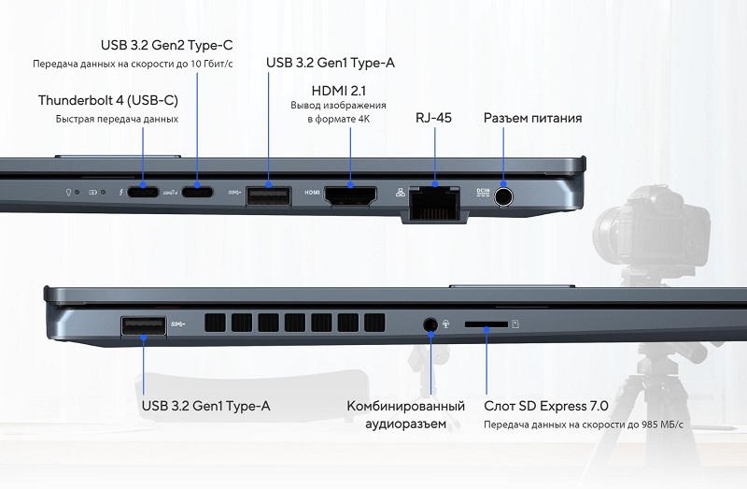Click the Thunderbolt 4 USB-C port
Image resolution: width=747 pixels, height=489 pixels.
pos(143,192)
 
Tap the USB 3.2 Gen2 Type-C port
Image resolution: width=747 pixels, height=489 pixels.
pos(197,192)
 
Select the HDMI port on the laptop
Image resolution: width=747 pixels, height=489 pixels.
pos(350,195)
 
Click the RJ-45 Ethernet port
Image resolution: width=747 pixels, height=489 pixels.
pos(434,203)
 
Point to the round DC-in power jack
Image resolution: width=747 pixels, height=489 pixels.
pos(503,196)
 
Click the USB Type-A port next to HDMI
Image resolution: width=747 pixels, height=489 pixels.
pos(268,196)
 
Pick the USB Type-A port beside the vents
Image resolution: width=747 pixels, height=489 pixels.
pos(144,326)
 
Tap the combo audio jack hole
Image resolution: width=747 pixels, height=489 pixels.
pos(430,324)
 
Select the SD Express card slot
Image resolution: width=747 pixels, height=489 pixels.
pos(486,324)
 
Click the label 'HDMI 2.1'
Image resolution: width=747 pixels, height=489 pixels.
pos(339,91)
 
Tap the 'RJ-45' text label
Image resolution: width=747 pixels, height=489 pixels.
pos(433,118)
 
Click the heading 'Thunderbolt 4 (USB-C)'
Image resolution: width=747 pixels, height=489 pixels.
pos(108,100)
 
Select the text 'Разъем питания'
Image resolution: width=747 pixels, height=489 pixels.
pos(532,118)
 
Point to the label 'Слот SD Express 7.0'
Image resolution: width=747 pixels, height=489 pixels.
pos(546,406)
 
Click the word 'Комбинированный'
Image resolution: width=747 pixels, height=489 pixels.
pos(406,406)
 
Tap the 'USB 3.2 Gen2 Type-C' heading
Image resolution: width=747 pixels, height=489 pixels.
pos(167,45)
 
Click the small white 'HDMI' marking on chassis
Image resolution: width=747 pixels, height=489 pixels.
pos(312,193)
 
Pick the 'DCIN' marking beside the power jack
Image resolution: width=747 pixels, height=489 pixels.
pos(483,193)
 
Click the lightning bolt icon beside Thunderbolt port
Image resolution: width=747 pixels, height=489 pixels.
pos(121,193)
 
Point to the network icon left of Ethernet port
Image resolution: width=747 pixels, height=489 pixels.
pos(401,192)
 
